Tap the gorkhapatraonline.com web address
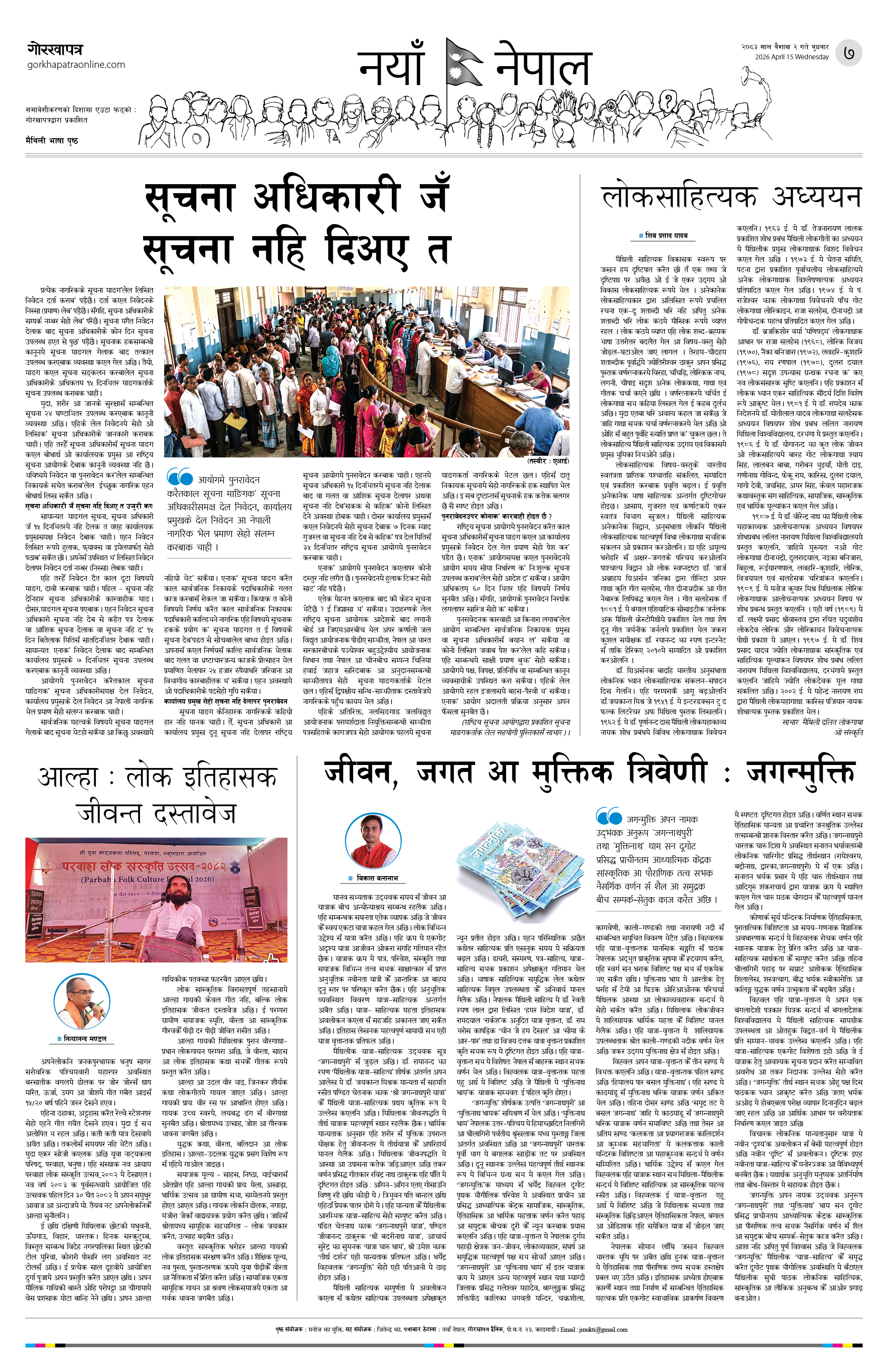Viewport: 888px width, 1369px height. point(76,64)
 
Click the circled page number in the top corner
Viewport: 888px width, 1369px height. point(849,53)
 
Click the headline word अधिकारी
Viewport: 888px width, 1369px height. point(327,196)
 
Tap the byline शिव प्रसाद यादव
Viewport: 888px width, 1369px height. point(666,235)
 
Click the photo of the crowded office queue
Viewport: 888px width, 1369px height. point(366,372)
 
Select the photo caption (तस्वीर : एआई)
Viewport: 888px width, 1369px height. point(547,461)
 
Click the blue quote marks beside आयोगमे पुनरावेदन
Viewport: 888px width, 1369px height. point(180,477)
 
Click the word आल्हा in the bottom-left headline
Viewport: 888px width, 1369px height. point(67,778)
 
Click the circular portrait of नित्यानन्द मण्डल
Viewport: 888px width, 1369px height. point(82,1003)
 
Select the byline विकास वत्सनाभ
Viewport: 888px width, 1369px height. point(377,878)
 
